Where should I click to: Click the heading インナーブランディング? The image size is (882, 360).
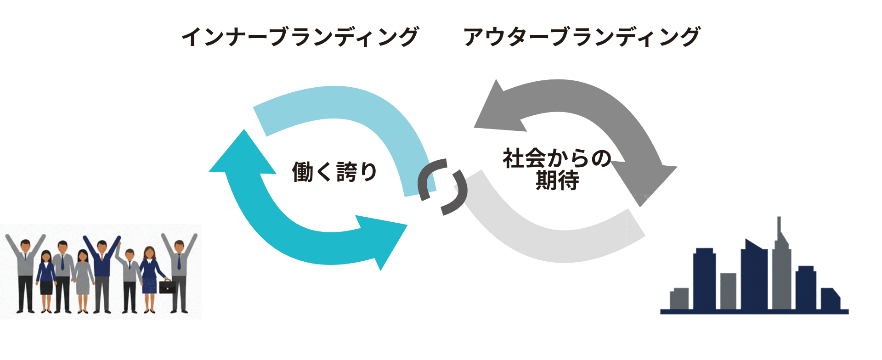click(300, 37)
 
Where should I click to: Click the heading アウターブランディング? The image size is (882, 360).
click(582, 37)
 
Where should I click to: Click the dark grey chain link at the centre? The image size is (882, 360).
click(442, 186)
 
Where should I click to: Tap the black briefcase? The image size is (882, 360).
click(167, 287)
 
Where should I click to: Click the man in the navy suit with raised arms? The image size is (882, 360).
click(102, 271)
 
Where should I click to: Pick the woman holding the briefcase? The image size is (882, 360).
click(149, 278)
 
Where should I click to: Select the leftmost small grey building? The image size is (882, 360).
click(679, 298)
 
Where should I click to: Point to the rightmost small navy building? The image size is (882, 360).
click(830, 299)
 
